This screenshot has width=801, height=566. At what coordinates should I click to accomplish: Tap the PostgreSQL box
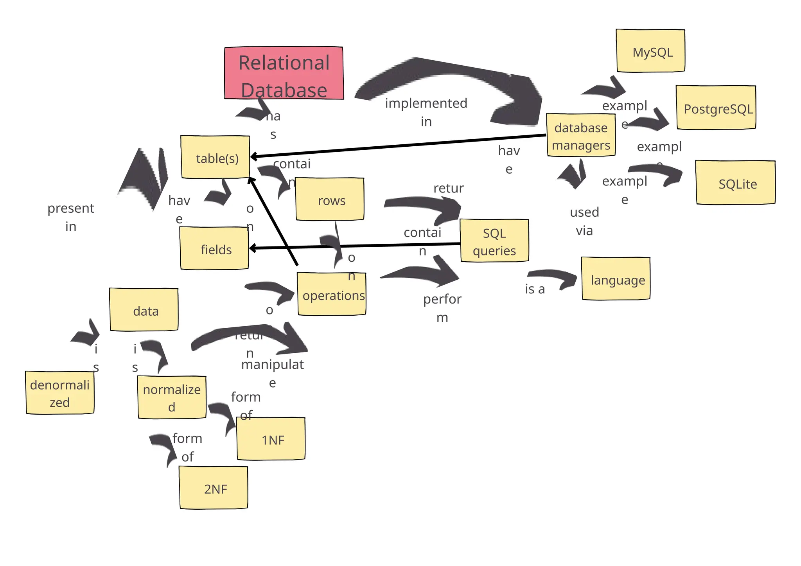click(x=716, y=108)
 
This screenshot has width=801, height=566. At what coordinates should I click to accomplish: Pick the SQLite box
click(x=735, y=183)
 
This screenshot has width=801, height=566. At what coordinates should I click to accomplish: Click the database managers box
click(x=581, y=135)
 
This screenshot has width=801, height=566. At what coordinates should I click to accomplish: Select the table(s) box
click(x=215, y=157)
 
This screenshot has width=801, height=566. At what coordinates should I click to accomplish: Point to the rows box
click(x=330, y=199)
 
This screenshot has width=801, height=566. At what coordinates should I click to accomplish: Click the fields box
click(x=214, y=249)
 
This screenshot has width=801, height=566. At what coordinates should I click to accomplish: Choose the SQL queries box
click(x=494, y=241)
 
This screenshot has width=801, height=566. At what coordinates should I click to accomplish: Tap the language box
click(x=616, y=279)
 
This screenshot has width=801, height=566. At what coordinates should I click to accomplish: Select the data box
click(x=144, y=310)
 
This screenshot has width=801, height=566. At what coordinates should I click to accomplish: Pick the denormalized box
click(x=60, y=393)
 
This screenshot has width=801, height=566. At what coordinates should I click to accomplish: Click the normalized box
click(x=172, y=397)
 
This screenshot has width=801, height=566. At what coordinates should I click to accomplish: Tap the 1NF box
click(x=271, y=439)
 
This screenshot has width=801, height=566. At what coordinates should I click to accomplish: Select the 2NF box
click(x=214, y=488)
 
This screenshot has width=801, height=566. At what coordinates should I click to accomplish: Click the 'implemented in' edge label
click(x=426, y=112)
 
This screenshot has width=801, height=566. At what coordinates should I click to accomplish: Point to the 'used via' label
click(x=584, y=221)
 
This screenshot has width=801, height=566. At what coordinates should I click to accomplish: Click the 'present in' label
click(x=71, y=217)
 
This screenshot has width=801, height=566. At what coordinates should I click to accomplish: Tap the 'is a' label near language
click(x=535, y=289)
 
